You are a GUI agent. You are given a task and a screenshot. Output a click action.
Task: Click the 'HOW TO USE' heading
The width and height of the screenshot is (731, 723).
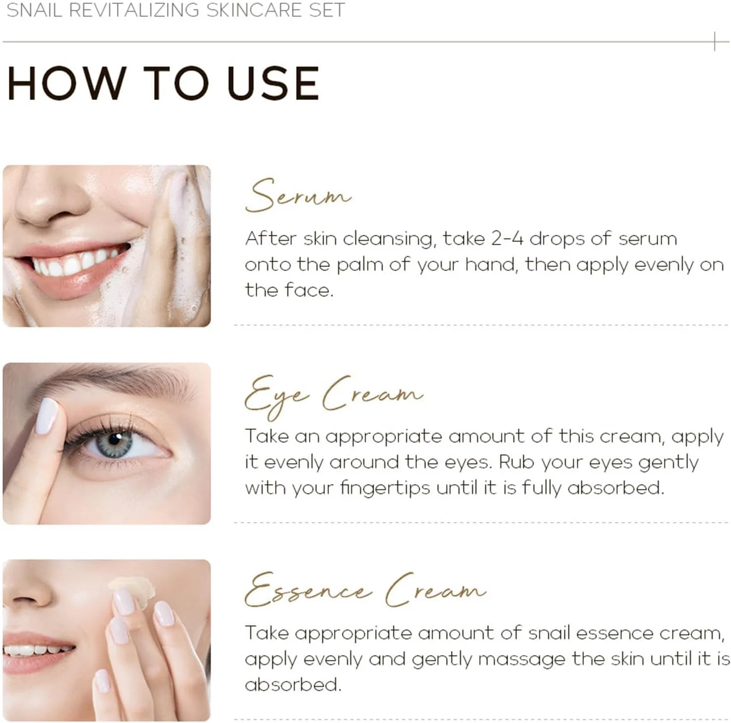163,83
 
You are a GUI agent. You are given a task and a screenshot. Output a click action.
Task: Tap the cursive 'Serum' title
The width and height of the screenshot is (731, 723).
298,195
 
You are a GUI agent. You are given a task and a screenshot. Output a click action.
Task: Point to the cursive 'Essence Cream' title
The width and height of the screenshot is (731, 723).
365,589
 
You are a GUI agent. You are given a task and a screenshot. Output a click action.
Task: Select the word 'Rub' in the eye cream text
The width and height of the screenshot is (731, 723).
516,462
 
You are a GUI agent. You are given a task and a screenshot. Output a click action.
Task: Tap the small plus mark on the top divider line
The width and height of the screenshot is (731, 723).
715,41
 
